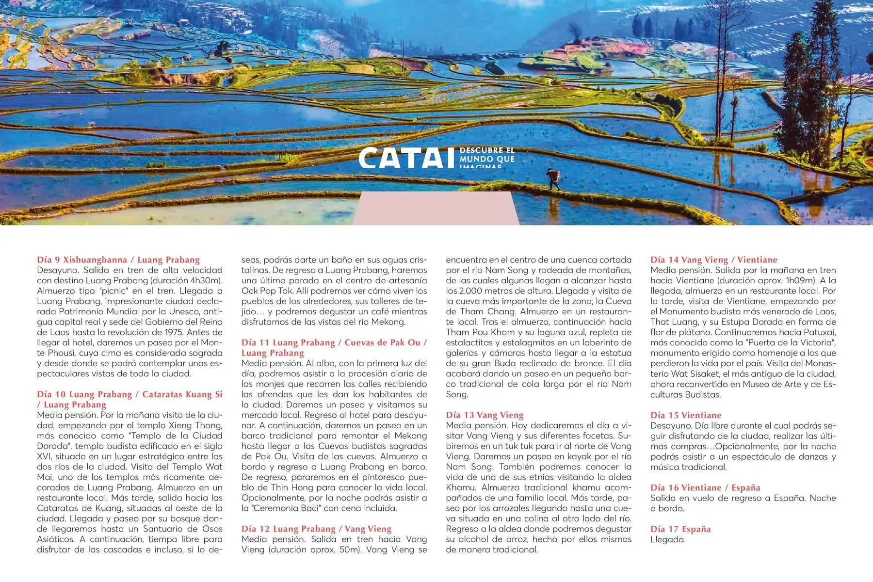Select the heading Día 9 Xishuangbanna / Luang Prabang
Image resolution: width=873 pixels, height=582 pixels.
pyautogui.click(x=118, y=260)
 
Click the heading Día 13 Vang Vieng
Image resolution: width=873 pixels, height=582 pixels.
pyautogui.click(x=485, y=415)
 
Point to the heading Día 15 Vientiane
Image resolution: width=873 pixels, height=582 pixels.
pyautogui.click(x=686, y=415)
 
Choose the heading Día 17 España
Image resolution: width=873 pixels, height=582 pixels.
pyautogui.click(x=680, y=529)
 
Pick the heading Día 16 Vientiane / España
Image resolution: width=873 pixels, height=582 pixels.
pyautogui.click(x=705, y=487)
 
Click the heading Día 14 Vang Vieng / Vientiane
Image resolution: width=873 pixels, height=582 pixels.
pyautogui.click(x=713, y=260)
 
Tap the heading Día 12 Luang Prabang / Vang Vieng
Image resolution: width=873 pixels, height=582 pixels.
pyautogui.click(x=316, y=529)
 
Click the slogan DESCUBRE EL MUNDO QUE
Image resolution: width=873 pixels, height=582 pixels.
pyautogui.click(x=487, y=155)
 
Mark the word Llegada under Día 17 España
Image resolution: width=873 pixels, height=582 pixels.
pyautogui.click(x=668, y=539)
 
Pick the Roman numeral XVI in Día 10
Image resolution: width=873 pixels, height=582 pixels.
pyautogui.click(x=44, y=456)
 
